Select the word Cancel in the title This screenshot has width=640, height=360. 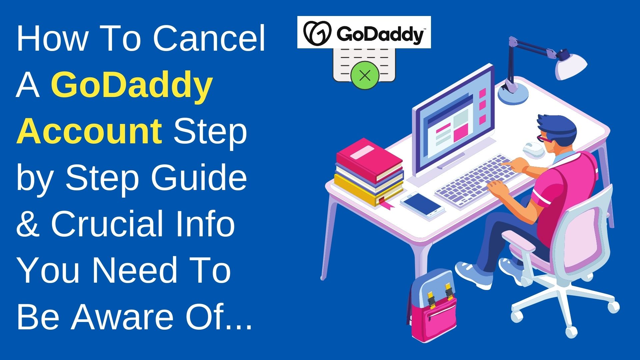pos(209,39)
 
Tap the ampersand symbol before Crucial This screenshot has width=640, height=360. pos(28,223)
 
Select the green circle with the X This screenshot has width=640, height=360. pos(365,75)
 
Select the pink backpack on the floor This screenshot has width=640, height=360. pos(433,307)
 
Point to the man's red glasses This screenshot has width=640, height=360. pos(543,138)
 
